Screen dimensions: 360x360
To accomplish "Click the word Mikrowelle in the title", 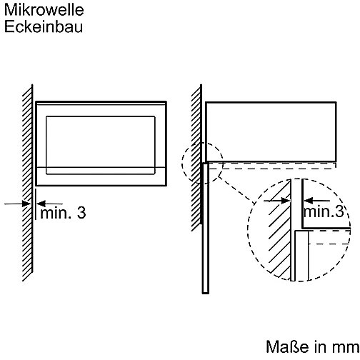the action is click(44, 10).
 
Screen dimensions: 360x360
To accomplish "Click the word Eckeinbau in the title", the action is click(44, 26).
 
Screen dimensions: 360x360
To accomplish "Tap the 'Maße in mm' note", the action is click(312, 346).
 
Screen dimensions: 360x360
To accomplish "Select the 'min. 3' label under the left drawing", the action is click(63, 213).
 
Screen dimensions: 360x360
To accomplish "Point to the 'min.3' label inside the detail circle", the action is click(324, 211).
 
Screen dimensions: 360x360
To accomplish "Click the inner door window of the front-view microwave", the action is click(101, 145).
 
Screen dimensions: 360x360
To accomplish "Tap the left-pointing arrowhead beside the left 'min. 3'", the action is click(41, 204).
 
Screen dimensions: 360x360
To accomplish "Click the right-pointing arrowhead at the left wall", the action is click(26, 204).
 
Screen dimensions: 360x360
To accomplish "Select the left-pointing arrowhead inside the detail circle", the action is click(309, 201).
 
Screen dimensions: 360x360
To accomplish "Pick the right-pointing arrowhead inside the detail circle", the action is click(285, 201).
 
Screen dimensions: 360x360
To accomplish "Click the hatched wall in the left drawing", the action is click(28, 184).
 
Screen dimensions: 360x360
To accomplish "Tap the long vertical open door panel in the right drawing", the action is click(206, 228).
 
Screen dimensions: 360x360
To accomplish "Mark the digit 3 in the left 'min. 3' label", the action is click(81, 213).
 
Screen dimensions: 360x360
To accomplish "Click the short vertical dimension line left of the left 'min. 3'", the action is click(36, 204).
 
